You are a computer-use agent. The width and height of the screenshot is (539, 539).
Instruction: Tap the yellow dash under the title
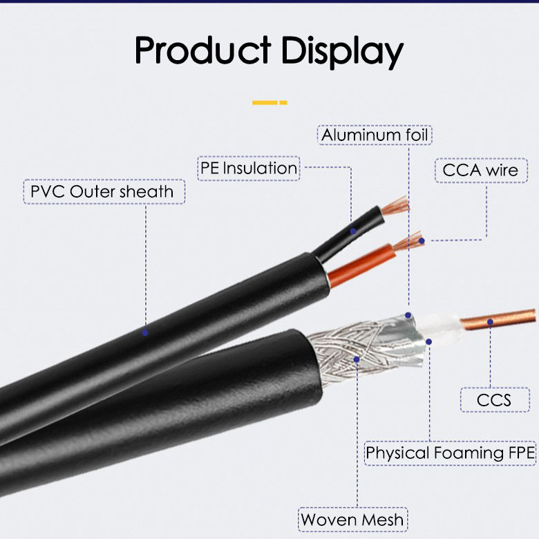pos(269,102)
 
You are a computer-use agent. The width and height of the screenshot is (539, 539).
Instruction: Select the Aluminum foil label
pos(375,134)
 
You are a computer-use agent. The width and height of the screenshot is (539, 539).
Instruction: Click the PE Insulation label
pos(249,168)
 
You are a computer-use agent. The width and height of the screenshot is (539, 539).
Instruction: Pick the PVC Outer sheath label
pos(104,191)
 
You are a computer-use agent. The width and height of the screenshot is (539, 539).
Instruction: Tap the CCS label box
pos(494,399)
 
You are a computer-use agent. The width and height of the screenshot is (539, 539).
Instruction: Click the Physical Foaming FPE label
pos(451,453)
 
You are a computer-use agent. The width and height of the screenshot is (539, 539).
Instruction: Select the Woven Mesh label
pos(352,519)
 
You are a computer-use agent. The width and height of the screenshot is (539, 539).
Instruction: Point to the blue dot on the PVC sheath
pos(145,332)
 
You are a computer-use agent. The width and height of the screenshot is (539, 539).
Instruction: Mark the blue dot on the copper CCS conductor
pos(490,320)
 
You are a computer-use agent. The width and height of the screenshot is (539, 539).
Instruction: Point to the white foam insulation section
pos(442,330)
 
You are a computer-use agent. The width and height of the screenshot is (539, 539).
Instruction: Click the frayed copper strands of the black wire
pos(396,205)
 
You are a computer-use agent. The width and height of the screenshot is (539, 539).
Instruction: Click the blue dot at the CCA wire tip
pos(422,240)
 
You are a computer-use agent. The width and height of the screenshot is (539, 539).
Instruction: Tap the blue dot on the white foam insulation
pos(429,341)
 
